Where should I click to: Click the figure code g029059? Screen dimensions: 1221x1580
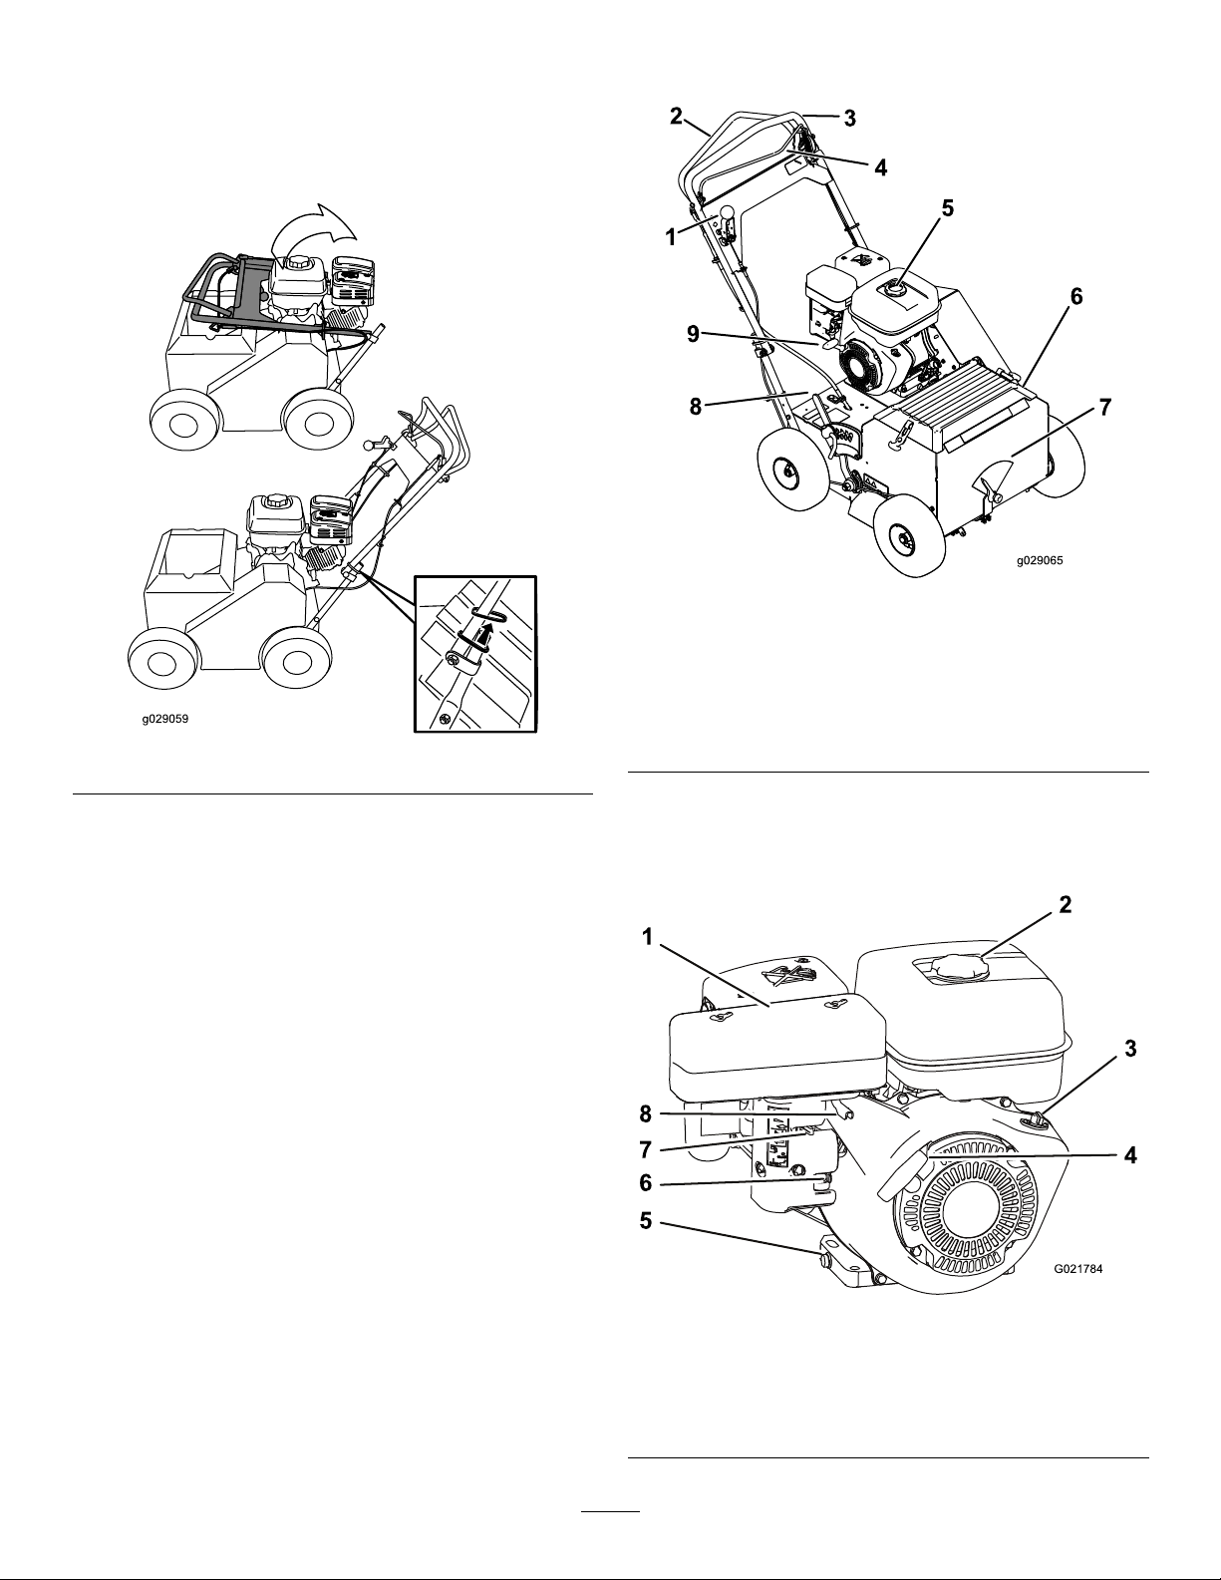(165, 719)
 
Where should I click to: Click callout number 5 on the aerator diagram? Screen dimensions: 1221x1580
(947, 208)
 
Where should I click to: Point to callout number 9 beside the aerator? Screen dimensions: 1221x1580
(693, 334)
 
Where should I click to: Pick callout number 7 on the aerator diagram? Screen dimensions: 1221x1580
(1104, 408)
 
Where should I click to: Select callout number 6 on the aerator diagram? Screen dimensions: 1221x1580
(1076, 297)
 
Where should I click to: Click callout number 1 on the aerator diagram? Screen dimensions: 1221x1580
(671, 237)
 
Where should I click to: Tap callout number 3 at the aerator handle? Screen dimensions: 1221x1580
(849, 118)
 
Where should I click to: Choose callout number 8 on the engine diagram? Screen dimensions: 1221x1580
(646, 1113)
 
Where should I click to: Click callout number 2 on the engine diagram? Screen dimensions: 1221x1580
(1065, 904)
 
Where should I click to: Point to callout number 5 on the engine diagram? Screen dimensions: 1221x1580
(646, 1221)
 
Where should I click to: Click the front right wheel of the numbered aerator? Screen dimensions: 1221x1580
(904, 536)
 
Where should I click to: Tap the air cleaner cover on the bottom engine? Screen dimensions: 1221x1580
(776, 1053)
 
